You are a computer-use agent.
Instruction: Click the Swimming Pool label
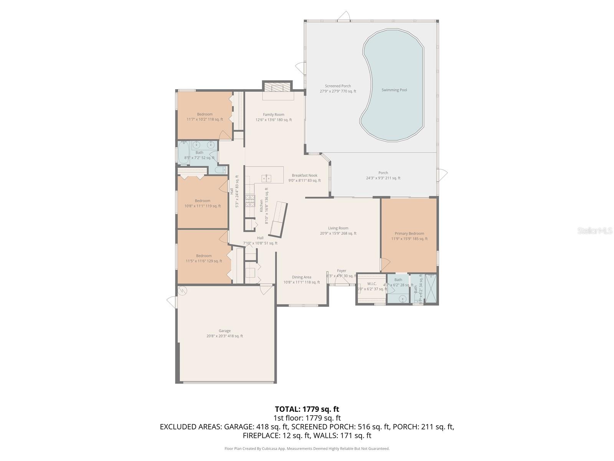click(394, 90)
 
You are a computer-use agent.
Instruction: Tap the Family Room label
click(274, 114)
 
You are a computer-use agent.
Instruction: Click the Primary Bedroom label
click(409, 234)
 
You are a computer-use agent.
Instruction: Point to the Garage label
click(224, 331)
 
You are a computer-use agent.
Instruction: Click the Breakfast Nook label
click(304, 176)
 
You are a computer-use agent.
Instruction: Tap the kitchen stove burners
click(250, 201)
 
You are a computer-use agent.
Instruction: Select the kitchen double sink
click(266, 178)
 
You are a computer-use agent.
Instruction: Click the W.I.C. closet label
click(371, 284)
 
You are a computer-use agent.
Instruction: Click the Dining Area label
click(302, 277)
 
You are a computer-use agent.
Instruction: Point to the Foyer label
click(342, 271)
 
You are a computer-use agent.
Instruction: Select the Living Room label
click(338, 228)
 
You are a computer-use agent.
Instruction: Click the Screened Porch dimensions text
click(338, 91)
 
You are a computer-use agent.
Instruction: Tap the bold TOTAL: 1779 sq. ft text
click(307, 409)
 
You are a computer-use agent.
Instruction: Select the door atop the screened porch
click(344, 17)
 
